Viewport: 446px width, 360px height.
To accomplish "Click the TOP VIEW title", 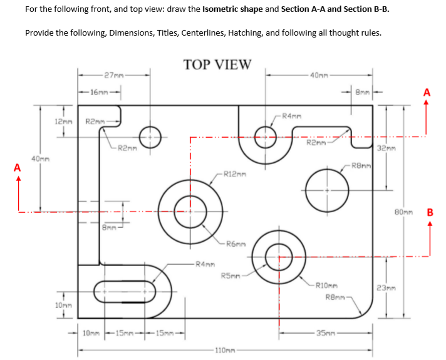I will pos(217,64).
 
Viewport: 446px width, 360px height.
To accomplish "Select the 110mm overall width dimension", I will pos(223,349).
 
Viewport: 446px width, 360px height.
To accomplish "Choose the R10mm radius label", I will pos(326,284).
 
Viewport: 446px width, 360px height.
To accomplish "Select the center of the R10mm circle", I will pos(278,255).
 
